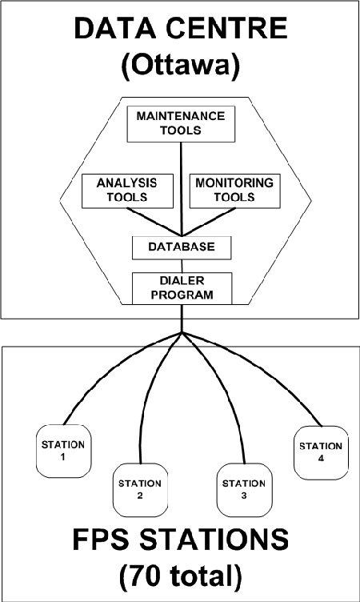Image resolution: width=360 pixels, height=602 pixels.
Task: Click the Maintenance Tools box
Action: tap(180, 122)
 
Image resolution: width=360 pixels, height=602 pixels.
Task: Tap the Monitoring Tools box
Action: tap(233, 189)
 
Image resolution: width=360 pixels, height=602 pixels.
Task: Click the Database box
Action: tap(182, 247)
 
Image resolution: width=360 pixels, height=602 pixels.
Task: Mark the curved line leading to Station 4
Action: tap(272, 376)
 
